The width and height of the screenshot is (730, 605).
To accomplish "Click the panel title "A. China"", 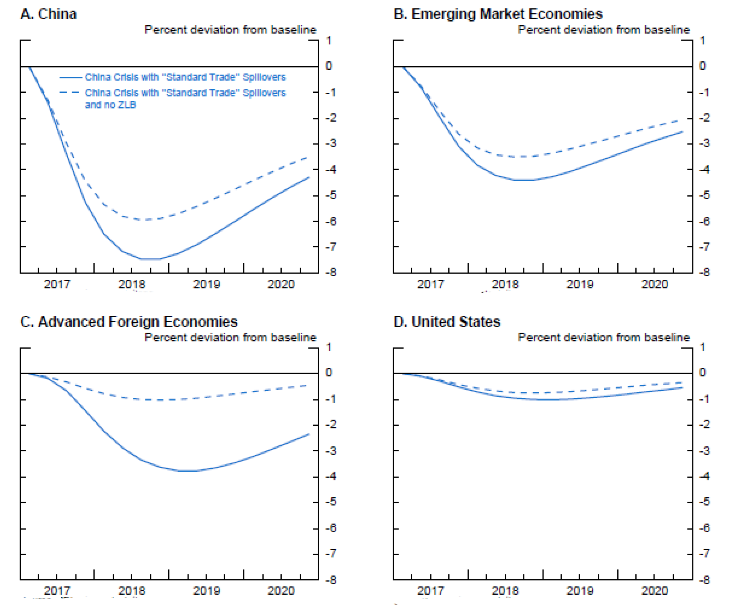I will click(x=48, y=14).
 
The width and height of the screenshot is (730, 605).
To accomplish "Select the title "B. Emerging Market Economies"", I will click(x=497, y=14).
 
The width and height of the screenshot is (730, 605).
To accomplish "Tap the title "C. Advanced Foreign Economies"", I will click(x=129, y=322).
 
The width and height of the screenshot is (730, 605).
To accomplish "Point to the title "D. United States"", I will click(x=446, y=322).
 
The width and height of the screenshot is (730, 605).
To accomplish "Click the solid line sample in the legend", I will click(x=71, y=78).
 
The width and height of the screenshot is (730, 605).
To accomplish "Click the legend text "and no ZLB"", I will click(x=110, y=105).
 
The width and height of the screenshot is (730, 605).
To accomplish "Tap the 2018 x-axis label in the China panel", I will click(x=131, y=284).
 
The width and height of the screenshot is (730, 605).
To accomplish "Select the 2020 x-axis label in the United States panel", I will click(x=655, y=590).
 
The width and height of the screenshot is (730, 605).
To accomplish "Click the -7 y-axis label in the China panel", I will click(x=331, y=247).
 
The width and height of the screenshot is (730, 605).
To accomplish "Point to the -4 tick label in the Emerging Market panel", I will click(x=704, y=169).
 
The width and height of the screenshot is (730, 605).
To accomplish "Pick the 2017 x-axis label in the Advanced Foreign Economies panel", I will click(x=57, y=590).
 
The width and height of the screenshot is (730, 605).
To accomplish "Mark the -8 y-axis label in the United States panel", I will click(x=704, y=580).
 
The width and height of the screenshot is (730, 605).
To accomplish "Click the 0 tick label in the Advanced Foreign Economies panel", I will click(x=329, y=372).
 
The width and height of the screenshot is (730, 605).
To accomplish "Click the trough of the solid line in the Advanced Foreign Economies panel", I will click(x=188, y=471).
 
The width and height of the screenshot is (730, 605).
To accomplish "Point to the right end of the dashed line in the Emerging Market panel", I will click(x=682, y=120).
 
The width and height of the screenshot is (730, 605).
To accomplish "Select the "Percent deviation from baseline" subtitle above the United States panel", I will click(x=604, y=338).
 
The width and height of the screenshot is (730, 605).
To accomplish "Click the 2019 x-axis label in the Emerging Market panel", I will click(x=580, y=284).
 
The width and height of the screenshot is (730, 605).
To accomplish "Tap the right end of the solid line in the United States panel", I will click(x=682, y=388).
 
